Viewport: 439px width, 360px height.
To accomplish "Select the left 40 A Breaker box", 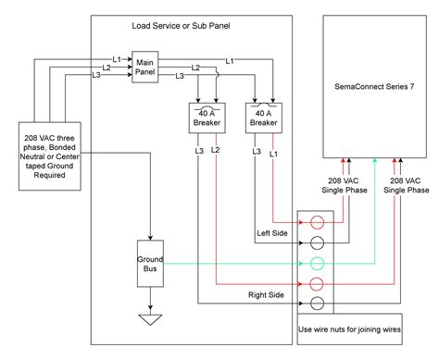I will pos(203,118).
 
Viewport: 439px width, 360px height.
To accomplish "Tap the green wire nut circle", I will pos(317,263).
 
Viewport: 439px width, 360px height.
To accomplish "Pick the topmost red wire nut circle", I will pos(317,223).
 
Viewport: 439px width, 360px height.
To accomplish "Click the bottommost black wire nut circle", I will pos(317,303).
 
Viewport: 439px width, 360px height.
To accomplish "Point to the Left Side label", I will pos(274,233).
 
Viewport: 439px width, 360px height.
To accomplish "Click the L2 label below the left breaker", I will pos(216,149).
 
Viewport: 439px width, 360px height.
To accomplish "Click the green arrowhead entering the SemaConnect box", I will pos(374,162).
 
